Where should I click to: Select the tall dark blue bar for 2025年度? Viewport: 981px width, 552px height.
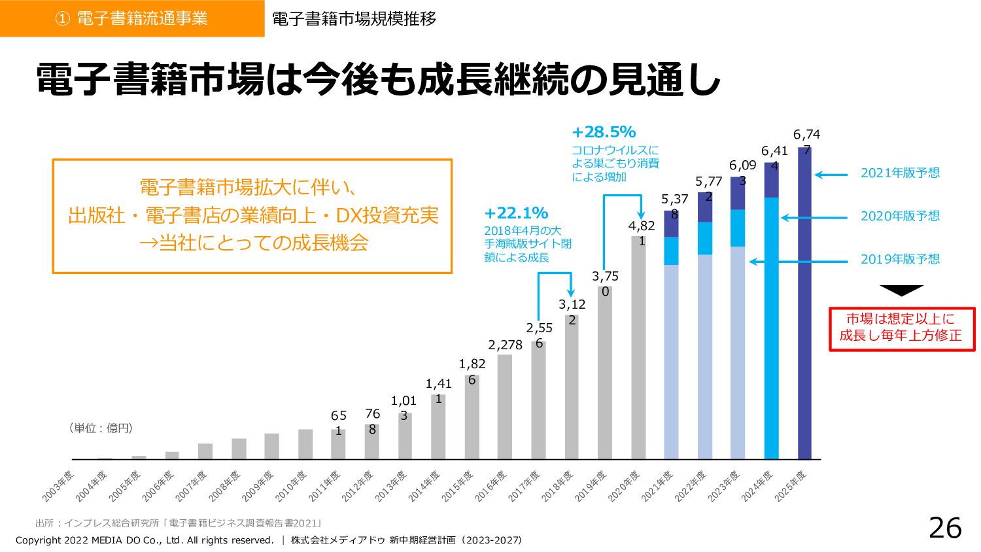[x=804, y=307]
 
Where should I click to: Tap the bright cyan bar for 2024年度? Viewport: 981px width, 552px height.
[x=771, y=327]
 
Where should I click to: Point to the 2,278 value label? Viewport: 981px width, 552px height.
[x=505, y=345]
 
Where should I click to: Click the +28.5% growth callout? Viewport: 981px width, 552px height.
[x=604, y=132]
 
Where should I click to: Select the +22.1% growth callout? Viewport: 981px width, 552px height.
[x=516, y=213]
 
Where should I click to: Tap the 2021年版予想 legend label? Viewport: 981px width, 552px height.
[x=900, y=173]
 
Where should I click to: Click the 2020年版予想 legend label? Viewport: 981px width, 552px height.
[x=900, y=216]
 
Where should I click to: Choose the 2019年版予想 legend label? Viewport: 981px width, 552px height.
[x=900, y=260]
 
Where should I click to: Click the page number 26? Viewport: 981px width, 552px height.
[x=945, y=528]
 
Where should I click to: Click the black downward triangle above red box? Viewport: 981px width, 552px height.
[x=901, y=290]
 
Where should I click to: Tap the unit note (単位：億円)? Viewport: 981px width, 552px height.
[x=101, y=428]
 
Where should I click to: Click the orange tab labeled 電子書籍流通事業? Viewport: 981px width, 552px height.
[x=132, y=18]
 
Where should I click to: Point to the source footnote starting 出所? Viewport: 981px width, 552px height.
[x=178, y=523]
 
